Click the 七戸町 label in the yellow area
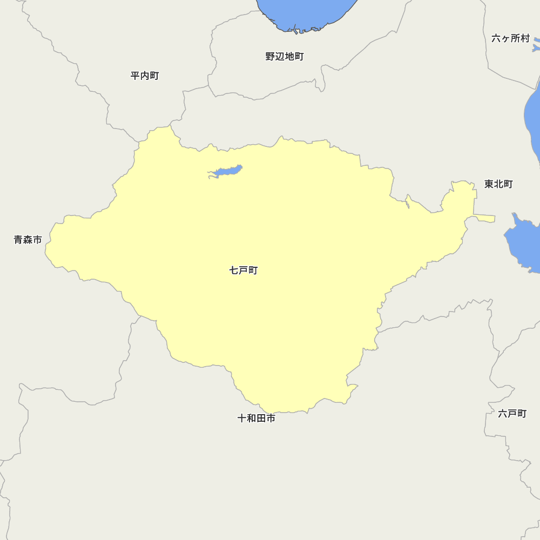[244, 270]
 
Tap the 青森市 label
[28, 240]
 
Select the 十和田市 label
[256, 418]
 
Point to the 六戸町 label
[512, 414]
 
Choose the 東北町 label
[498, 184]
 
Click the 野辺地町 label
[285, 57]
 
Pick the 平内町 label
[145, 76]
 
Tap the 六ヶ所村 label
[510, 38]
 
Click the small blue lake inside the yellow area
[227, 171]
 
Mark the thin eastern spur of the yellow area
[484, 218]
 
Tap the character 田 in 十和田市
[261, 418]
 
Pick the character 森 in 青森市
[28, 240]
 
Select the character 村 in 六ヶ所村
[525, 38]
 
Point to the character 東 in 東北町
[489, 184]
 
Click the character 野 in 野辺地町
[271, 57]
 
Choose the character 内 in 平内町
[145, 76]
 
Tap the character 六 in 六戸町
[503, 414]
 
